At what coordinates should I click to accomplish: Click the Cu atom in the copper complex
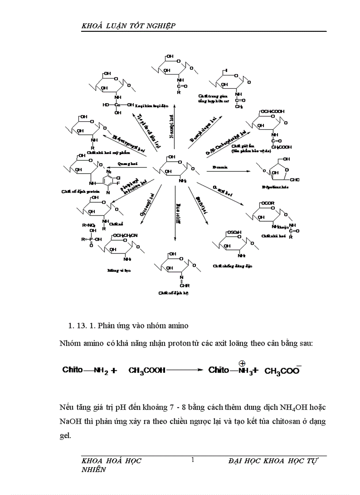coord(117,104)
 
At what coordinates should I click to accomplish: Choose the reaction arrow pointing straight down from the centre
coord(175,212)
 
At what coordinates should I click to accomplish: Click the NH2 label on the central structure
coord(183,181)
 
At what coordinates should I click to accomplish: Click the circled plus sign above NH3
coord(242,363)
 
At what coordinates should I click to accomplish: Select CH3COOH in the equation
coord(146,371)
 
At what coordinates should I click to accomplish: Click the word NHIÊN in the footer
coord(94,470)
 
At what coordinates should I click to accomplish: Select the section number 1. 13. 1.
coord(82,326)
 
